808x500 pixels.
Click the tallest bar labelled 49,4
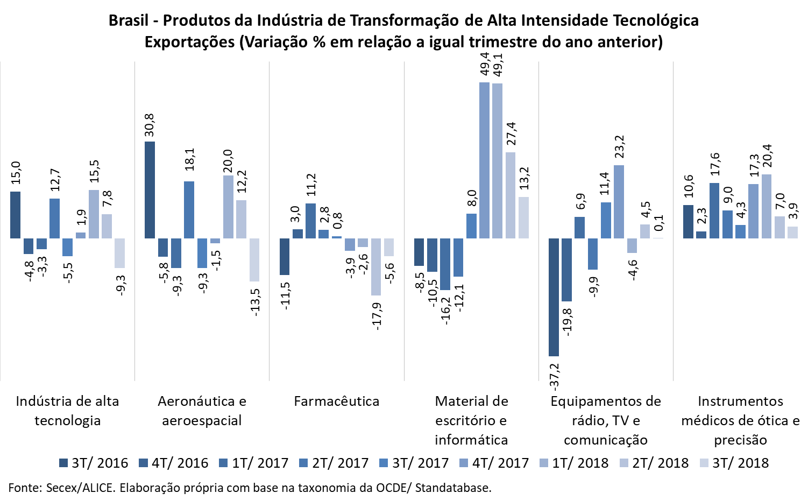click(484, 160)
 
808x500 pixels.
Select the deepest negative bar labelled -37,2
click(554, 297)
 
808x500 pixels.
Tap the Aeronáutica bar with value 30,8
click(150, 189)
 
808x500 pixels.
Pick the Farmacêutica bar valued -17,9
click(375, 266)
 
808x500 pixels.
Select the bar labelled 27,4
click(510, 195)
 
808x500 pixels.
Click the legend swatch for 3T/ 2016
click(63, 463)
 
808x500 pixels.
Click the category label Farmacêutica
click(337, 402)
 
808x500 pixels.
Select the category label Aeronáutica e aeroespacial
click(202, 411)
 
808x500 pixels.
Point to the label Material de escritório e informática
click(471, 421)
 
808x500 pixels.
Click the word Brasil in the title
click(129, 20)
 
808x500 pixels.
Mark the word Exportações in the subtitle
click(189, 42)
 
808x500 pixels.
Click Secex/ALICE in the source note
click(80, 488)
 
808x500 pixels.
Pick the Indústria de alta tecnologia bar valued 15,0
click(15, 215)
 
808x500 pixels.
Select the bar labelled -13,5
click(254, 259)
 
